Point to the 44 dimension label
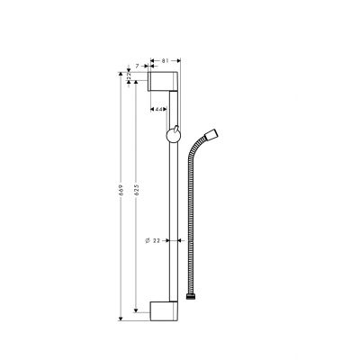[x=158, y=109]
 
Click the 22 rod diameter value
[x=157, y=241]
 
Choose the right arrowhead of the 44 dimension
[x=166, y=109]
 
